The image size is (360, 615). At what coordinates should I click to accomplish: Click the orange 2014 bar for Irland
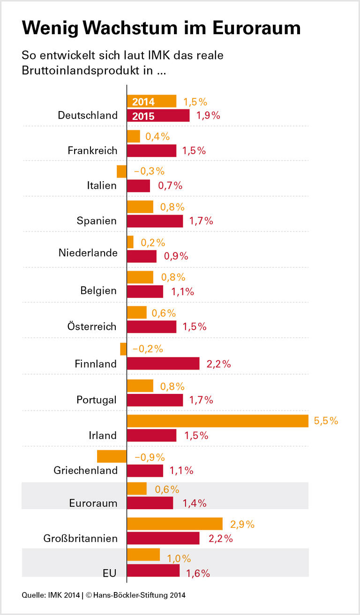(x=217, y=421)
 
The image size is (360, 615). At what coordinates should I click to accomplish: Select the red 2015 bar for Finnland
(x=163, y=363)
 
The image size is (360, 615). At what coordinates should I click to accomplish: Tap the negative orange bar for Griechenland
(x=112, y=456)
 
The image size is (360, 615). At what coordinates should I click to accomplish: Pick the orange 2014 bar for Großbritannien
(x=174, y=524)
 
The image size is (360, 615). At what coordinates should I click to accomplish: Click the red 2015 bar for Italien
(x=138, y=186)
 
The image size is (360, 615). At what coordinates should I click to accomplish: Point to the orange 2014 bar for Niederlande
(x=130, y=242)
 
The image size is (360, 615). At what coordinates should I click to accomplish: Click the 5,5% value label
(x=326, y=421)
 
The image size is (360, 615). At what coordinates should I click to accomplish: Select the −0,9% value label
(x=150, y=457)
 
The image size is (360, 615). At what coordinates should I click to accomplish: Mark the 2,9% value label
(x=242, y=524)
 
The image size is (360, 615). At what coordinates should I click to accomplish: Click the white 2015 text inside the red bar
(x=143, y=116)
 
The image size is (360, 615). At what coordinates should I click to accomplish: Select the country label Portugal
(x=97, y=400)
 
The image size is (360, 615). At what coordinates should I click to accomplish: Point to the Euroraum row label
(x=93, y=504)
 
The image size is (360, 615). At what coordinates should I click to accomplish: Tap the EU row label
(x=109, y=573)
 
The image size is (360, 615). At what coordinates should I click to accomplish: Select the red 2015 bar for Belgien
(x=145, y=292)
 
